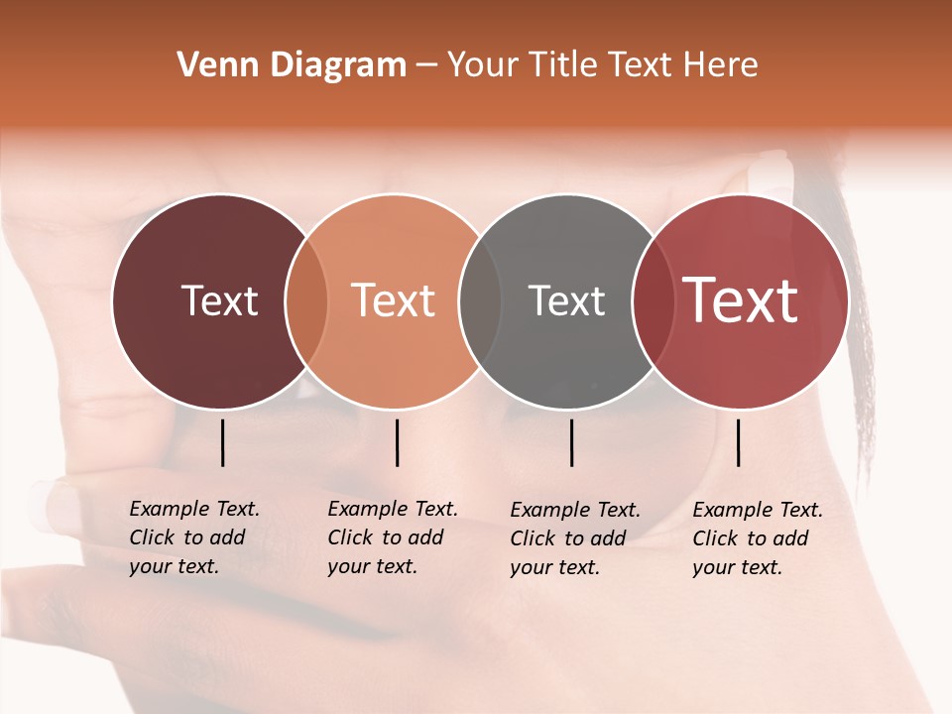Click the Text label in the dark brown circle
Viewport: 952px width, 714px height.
coord(219,300)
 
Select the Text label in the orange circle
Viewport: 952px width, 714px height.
coord(394,300)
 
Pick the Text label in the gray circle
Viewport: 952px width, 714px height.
coord(566,300)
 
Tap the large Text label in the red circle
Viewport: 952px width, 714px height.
coord(741,300)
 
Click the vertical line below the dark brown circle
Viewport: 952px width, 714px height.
coord(223,442)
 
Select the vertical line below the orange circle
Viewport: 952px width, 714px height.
coord(397,442)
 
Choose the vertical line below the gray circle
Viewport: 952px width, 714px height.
coord(572,442)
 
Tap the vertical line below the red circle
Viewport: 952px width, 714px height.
coord(739,442)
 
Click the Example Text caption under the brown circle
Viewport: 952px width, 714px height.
coord(194,537)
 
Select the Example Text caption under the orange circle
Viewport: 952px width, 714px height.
coord(393,537)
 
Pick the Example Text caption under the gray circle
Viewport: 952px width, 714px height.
coord(575,538)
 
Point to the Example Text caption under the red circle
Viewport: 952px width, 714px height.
coord(758,538)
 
